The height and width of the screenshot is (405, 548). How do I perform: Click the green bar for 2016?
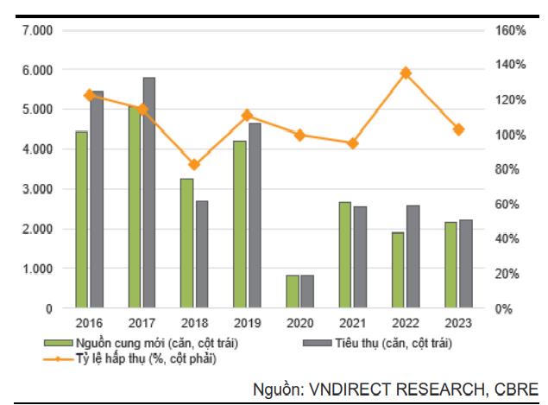point(82,219)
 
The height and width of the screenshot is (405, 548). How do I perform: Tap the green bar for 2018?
point(187,243)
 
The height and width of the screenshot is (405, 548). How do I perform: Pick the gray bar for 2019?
point(255,215)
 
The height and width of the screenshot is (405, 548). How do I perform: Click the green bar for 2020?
point(293,291)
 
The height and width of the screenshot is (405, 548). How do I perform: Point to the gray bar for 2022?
point(413,256)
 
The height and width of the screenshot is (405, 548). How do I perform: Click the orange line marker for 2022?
point(406,73)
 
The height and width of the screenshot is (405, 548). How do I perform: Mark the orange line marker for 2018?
point(194,164)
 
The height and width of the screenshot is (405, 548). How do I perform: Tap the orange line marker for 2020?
point(299,135)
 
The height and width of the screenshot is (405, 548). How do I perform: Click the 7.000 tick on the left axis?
point(36,31)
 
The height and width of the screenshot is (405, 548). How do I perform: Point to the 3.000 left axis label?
point(36,189)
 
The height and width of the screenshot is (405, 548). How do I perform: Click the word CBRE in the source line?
point(517,389)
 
